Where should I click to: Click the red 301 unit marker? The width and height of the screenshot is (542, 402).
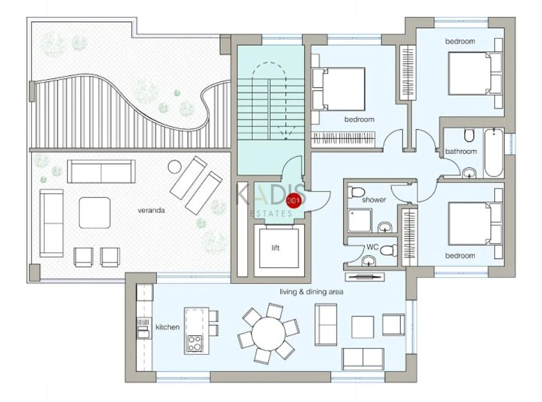[x=294, y=201]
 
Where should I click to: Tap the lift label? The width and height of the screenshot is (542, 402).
[x=275, y=248]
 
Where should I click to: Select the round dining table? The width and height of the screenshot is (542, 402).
[x=268, y=333]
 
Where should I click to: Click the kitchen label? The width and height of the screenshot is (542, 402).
[x=167, y=327]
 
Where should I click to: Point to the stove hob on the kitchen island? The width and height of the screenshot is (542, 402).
[x=194, y=343]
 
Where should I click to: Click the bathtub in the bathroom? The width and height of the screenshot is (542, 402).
[x=494, y=153]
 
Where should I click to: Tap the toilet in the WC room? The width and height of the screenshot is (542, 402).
[x=389, y=249]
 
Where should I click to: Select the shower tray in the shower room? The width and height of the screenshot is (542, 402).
[x=359, y=220]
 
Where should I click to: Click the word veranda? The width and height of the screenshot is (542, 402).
[x=151, y=210]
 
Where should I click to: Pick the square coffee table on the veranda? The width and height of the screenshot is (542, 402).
[x=95, y=212]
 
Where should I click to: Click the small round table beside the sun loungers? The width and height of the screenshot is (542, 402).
[x=174, y=167]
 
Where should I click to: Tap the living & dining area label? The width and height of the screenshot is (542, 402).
[x=311, y=292]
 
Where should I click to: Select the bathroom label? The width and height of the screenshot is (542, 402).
[x=461, y=151]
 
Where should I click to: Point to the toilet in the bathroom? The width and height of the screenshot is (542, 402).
[x=469, y=135]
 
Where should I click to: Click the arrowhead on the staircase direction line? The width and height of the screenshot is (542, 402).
[x=286, y=136]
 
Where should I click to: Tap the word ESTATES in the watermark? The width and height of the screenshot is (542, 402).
[x=271, y=214]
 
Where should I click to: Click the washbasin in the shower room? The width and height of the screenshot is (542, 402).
[x=384, y=227]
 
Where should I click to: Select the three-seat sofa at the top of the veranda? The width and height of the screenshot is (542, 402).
[x=101, y=171]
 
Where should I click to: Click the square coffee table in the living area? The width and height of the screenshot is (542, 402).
[x=362, y=327]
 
